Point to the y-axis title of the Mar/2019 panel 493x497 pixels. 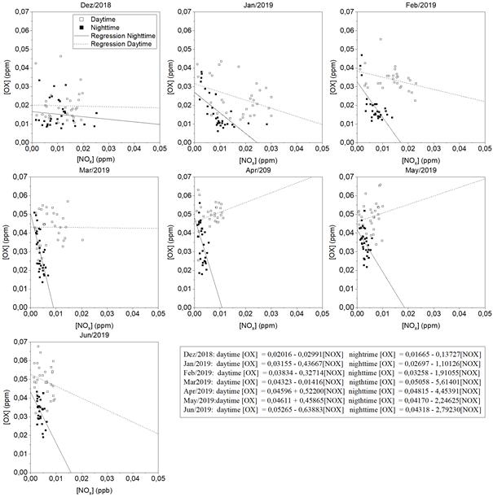pyautogui.click(x=7, y=241)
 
